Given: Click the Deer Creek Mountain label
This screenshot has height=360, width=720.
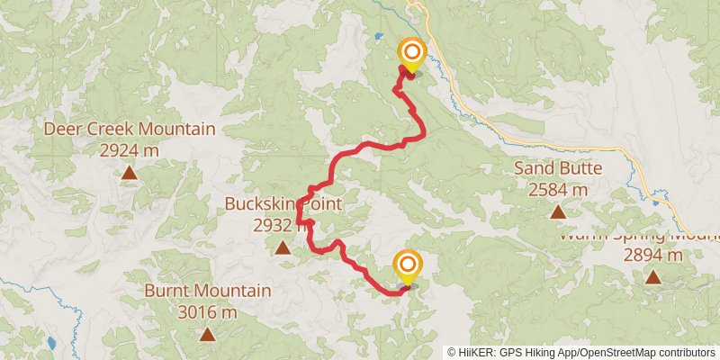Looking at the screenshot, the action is point(130,130).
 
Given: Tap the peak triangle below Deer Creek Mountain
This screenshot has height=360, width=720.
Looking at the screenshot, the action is point(130,172).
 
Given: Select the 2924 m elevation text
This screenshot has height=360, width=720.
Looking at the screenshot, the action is point(130,150).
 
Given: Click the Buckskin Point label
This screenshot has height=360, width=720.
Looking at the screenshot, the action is point(283,204).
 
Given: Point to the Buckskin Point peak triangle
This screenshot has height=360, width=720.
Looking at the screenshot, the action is point(283,247).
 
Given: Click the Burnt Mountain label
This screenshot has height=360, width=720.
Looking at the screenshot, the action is point(207,292).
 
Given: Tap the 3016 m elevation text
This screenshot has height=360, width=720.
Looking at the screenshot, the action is point(207,312).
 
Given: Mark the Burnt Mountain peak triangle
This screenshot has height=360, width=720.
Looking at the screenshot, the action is point(207,335).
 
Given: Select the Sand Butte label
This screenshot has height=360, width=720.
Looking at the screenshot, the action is point(558,168).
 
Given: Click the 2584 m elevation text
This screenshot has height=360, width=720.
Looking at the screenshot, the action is point(558,189).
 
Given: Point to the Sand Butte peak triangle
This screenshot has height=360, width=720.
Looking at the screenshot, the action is point(558,212).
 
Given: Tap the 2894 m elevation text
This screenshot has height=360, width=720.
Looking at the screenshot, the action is point(653,255).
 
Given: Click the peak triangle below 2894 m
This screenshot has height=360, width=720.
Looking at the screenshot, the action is point(653,277).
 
